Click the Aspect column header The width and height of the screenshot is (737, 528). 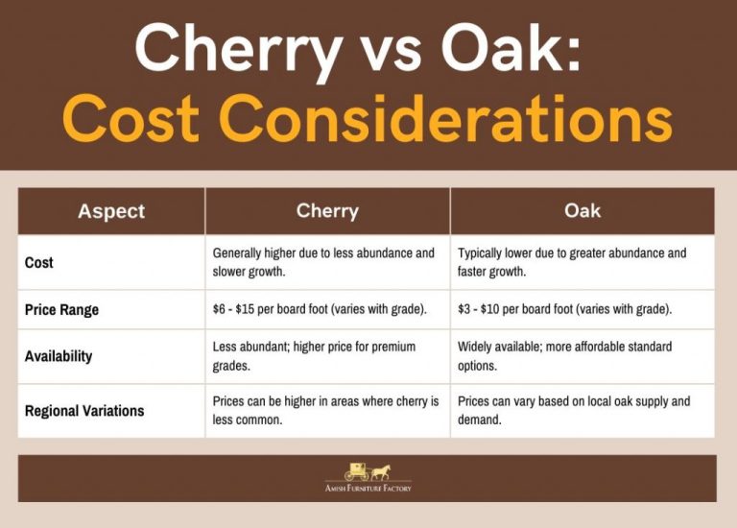click(111, 211)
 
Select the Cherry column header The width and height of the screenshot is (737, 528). click(327, 211)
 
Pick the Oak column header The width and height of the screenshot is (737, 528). click(582, 211)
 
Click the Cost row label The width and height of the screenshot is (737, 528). click(39, 262)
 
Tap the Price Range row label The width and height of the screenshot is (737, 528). click(61, 310)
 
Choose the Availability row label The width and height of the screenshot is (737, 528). click(59, 356)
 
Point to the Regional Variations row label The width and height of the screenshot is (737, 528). click(84, 411)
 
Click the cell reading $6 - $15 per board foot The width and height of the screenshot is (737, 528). click(321, 310)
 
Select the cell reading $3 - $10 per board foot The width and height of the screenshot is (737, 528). click(564, 310)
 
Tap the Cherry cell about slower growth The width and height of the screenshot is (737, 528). click(323, 262)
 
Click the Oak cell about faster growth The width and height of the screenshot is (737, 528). click(572, 262)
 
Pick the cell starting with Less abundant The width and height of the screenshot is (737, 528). click(314, 356)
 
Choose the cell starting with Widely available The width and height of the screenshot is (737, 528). click(564, 356)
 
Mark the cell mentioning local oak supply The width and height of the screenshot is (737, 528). click(573, 411)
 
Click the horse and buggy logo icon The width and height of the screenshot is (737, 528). click(368, 471)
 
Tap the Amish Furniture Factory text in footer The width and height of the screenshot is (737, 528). click(368, 488)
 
